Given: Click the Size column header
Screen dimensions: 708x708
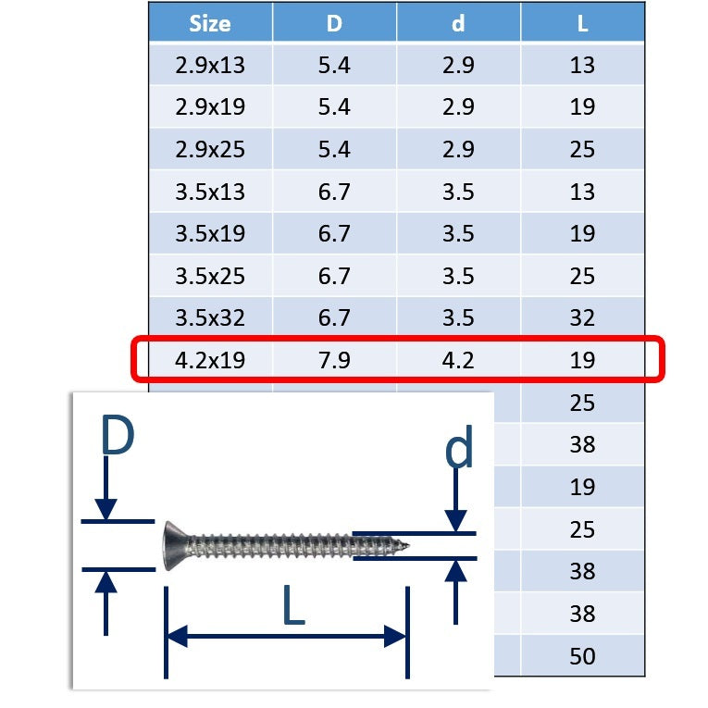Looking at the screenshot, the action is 210,23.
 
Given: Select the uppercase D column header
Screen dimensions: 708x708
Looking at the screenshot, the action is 334,23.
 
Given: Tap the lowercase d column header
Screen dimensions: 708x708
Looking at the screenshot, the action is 458,23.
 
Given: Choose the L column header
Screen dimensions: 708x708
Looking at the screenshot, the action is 582,23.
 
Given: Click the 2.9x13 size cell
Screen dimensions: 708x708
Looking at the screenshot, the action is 210,65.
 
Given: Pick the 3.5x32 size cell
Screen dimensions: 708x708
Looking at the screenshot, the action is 210,317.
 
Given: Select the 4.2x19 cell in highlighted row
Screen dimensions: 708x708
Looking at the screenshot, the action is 210,360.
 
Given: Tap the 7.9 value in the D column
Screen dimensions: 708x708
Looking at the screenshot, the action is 334,360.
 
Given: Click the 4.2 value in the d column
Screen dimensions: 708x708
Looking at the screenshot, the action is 458,360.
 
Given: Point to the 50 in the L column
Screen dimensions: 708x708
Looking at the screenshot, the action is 582,656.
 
